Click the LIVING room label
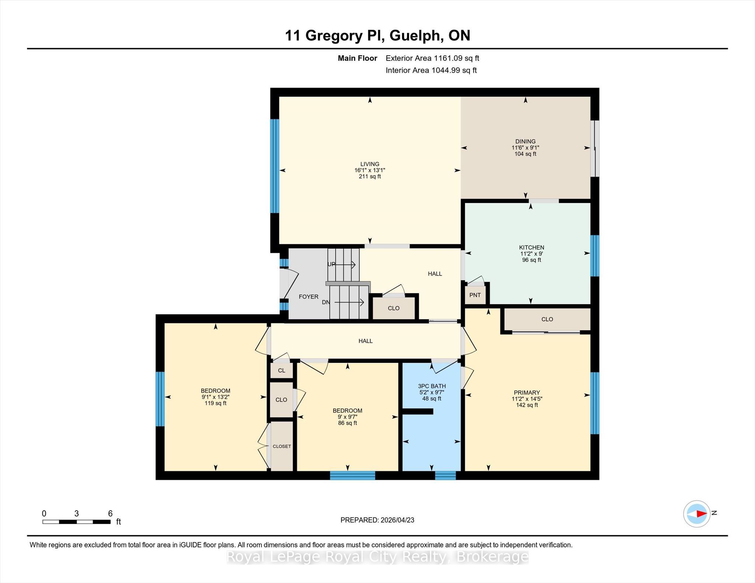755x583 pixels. (370, 164)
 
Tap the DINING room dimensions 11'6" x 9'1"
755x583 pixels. (525, 148)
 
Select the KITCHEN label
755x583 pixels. (532, 247)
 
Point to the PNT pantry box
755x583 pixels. (475, 295)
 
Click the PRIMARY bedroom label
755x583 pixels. (527, 393)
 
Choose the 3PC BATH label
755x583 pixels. (432, 386)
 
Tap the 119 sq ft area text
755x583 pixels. (216, 403)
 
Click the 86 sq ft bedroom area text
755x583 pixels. (347, 423)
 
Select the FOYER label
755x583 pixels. (309, 296)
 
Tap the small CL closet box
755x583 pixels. (282, 370)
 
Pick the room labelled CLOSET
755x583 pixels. (282, 446)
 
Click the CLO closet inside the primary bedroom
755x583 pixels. (547, 319)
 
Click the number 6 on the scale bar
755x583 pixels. (110, 513)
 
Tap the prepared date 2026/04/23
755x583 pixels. (397, 520)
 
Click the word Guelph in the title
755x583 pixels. (415, 36)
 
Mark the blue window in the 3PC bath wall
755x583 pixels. (445, 475)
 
